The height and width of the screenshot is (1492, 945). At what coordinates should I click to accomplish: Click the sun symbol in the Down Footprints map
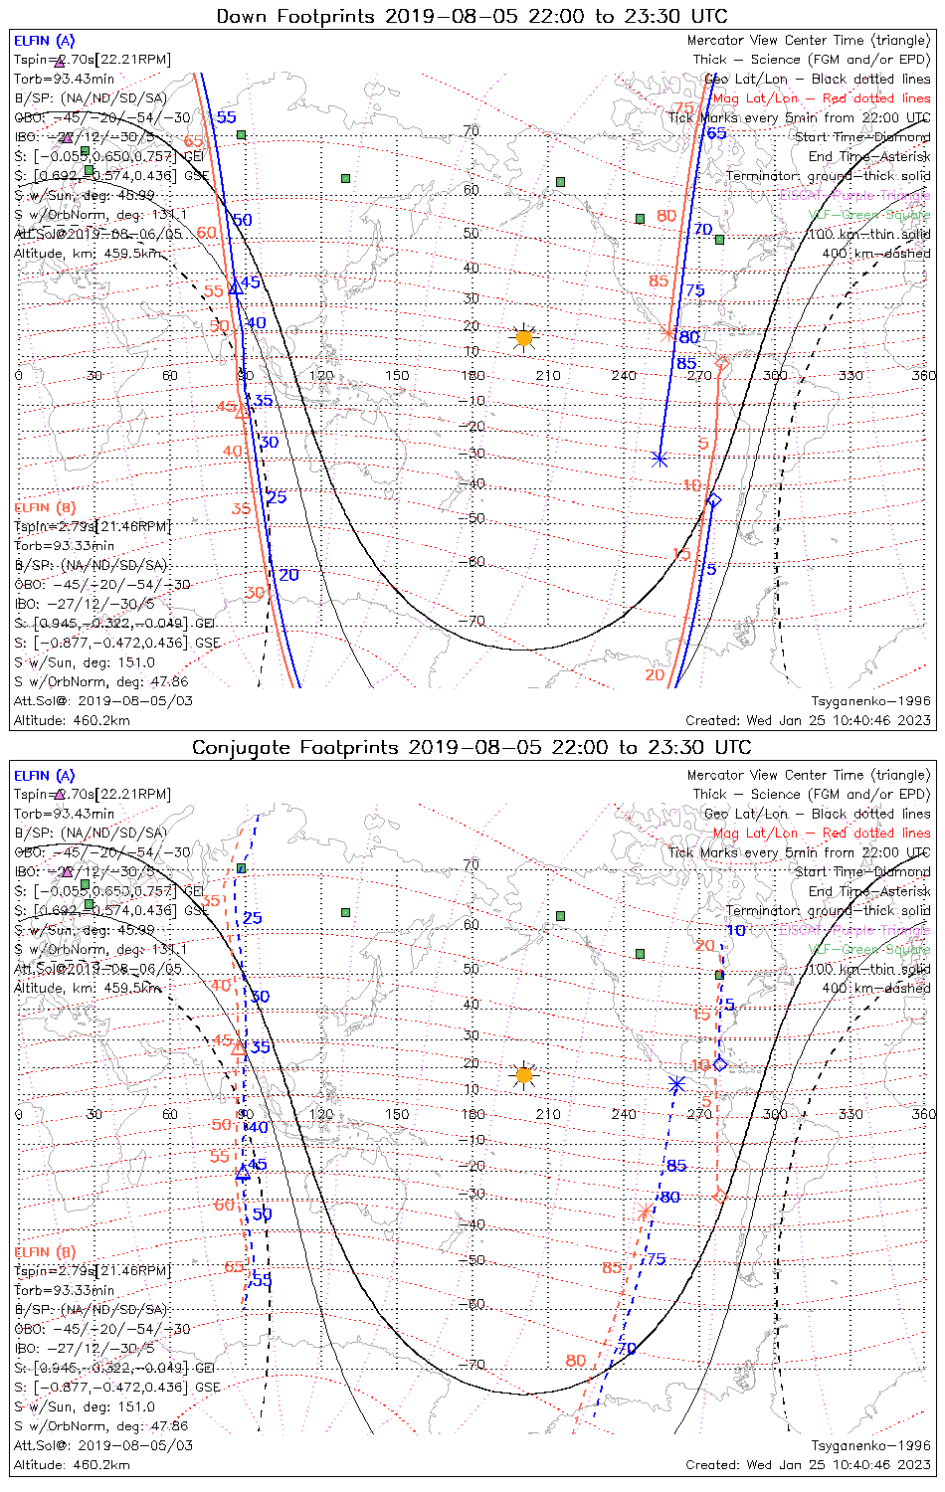[x=524, y=338]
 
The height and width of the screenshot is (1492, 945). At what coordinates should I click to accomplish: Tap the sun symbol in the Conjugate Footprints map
[x=524, y=1075]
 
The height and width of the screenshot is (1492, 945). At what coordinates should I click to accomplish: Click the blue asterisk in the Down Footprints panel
[x=660, y=459]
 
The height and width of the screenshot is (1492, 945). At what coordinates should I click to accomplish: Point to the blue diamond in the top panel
[x=713, y=499]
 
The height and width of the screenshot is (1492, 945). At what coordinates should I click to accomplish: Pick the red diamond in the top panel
[x=723, y=364]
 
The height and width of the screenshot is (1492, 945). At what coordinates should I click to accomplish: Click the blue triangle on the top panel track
[x=236, y=288]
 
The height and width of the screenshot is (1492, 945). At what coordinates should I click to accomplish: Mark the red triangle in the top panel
[x=242, y=410]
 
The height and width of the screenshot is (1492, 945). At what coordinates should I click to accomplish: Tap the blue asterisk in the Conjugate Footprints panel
[x=676, y=1083]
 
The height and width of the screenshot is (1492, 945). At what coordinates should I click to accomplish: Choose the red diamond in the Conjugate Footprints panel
[x=719, y=1197]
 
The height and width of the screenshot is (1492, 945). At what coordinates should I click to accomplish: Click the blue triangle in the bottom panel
[x=243, y=1173]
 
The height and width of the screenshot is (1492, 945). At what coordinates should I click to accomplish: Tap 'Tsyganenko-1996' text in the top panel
[x=870, y=701]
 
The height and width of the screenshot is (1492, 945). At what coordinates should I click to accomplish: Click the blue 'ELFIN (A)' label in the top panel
[x=45, y=41]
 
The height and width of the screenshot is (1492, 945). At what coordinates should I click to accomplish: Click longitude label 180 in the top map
[x=473, y=376]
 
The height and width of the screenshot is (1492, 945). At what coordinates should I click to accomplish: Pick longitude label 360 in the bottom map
[x=924, y=1114]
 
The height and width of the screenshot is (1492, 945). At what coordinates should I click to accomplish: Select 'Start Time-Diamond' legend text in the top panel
[x=862, y=137]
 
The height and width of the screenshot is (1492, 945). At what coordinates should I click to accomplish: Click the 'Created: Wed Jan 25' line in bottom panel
[x=808, y=1465]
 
